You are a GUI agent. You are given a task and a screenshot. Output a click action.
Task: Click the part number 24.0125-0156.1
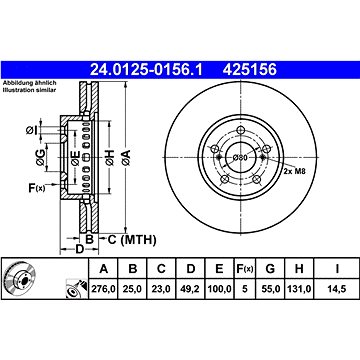(x=146, y=70)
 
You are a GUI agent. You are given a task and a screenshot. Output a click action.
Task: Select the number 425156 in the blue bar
(x=250, y=70)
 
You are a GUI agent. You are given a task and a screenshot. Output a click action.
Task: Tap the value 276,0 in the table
(x=103, y=289)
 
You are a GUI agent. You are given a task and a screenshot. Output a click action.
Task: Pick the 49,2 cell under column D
(x=190, y=289)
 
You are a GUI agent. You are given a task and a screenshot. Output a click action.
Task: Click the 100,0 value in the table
(x=219, y=289)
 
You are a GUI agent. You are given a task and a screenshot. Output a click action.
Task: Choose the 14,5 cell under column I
(x=337, y=289)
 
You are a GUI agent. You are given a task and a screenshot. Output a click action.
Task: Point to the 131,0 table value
(x=299, y=289)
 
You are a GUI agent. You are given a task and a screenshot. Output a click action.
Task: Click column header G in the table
(x=270, y=268)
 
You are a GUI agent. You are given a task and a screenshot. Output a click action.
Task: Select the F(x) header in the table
(x=245, y=268)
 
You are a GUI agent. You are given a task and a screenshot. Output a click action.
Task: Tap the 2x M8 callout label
(x=294, y=172)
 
